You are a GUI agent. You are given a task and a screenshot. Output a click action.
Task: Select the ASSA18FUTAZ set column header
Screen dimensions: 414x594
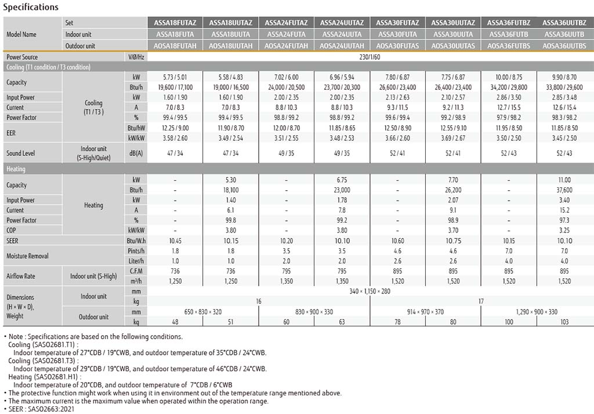click(175, 23)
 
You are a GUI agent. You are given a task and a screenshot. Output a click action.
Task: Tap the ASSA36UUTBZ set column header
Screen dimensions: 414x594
click(564, 23)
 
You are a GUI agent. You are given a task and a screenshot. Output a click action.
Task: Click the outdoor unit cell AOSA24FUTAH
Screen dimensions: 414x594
click(287, 45)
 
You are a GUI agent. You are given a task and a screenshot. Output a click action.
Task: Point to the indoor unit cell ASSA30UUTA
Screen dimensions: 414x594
click(453, 34)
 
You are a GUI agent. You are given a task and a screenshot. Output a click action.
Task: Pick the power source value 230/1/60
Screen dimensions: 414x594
click(370, 57)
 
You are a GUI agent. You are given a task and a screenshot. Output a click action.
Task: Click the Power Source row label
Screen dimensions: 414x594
click(22, 57)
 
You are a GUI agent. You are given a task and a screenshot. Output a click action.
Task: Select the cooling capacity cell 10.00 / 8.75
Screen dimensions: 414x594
click(509, 77)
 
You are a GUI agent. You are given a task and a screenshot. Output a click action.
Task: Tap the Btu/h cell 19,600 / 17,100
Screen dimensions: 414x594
click(175, 87)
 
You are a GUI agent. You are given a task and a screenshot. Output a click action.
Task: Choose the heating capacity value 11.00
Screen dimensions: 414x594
click(564, 180)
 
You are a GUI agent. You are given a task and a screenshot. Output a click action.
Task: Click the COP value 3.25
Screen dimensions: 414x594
click(564, 230)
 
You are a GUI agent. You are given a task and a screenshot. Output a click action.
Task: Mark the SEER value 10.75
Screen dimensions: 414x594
click(453, 241)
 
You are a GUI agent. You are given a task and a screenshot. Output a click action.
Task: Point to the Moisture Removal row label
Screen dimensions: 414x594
click(27, 256)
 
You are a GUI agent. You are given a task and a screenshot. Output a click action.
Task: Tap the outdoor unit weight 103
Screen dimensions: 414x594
click(564, 322)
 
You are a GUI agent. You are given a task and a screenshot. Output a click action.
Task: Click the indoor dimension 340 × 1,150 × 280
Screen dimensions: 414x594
click(370, 291)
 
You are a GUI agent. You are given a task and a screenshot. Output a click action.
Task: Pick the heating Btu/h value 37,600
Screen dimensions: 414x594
click(564, 190)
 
